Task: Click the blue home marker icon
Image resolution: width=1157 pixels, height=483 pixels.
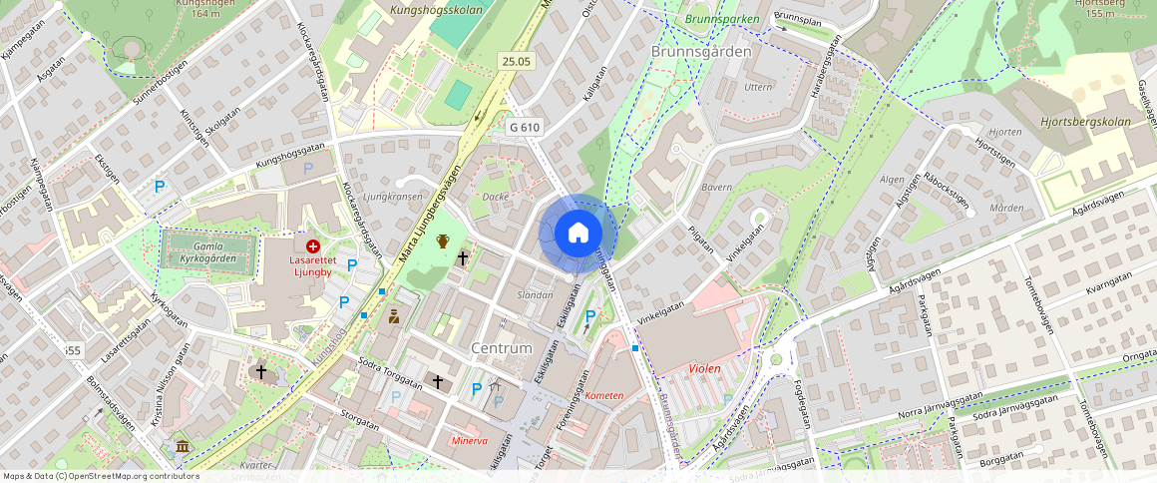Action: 578,234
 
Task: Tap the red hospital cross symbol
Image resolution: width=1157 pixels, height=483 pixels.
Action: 313,245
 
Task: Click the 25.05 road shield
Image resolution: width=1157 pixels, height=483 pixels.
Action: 517,62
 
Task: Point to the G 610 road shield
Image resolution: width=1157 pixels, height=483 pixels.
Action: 524,128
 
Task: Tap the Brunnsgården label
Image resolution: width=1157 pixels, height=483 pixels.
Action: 700,51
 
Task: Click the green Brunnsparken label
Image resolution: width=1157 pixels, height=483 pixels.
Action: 722,19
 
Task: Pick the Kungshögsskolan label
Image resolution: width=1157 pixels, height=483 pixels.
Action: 436,10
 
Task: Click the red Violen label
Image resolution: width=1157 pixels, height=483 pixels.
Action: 704,368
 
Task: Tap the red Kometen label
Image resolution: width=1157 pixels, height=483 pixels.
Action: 604,395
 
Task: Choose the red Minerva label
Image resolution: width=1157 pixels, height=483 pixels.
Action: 469,440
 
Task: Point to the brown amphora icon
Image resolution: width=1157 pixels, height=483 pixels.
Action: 443,241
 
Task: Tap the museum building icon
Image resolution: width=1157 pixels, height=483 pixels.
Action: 182,445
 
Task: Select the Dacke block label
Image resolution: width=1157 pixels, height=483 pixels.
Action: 496,197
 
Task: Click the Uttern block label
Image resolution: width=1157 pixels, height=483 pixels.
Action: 758,87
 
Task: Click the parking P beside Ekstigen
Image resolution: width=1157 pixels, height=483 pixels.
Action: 159,186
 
